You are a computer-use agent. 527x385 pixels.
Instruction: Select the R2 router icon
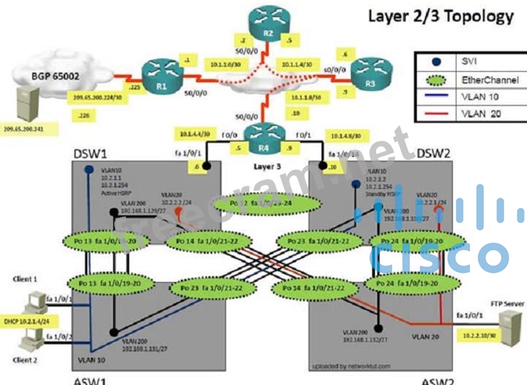coord(266,21)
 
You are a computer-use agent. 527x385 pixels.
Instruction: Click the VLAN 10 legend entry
coord(477,96)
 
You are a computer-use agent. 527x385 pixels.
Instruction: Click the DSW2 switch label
coord(434,154)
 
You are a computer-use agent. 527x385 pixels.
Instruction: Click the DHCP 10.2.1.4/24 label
coord(27,320)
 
